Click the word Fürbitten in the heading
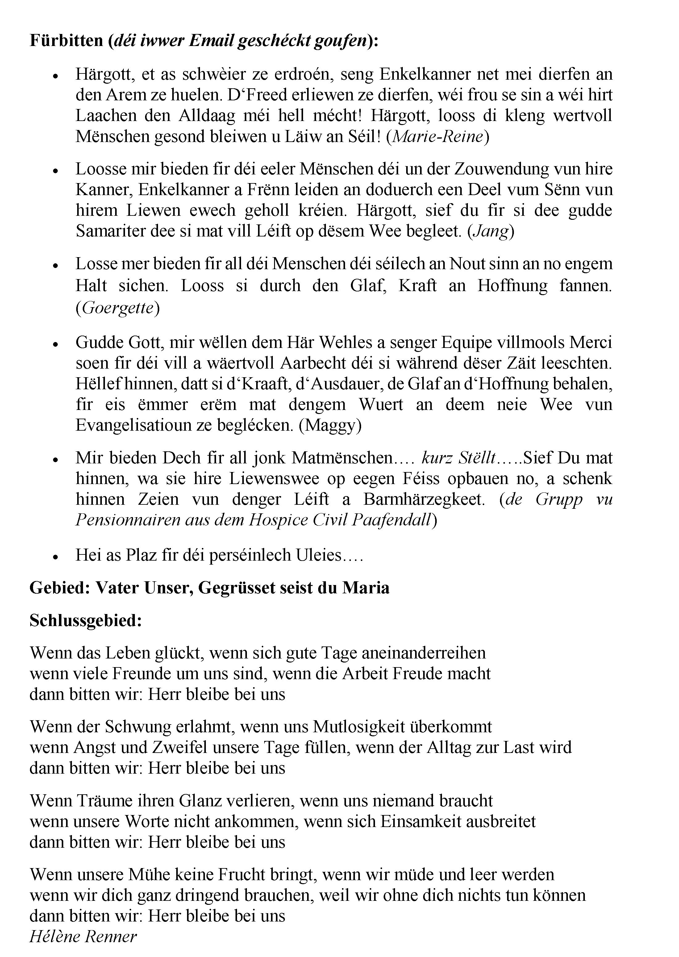(66, 40)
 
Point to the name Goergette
(118, 308)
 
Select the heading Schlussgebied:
(86, 621)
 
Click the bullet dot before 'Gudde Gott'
(55, 344)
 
